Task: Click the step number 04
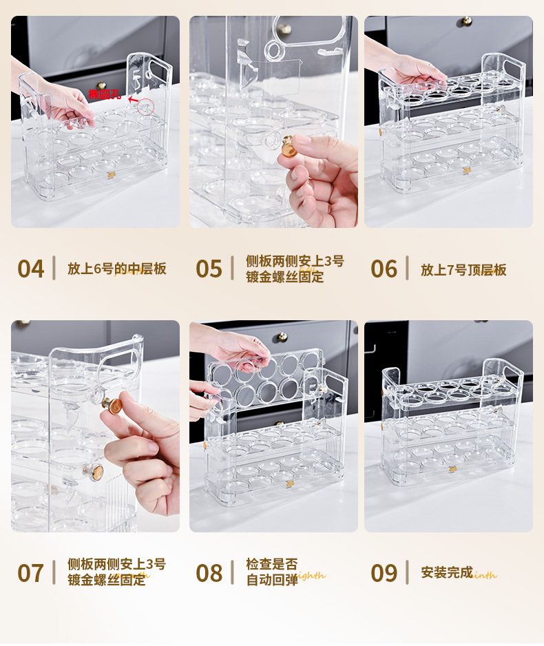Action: [30, 269]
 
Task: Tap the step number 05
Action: [209, 269]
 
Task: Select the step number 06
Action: [384, 269]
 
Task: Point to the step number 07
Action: [30, 573]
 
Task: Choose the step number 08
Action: [209, 573]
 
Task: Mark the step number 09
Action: [384, 573]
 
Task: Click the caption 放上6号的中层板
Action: [116, 269]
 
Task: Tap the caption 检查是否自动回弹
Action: [272, 572]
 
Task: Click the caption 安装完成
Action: [447, 572]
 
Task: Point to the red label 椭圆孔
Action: [104, 94]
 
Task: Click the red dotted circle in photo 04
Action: [145, 106]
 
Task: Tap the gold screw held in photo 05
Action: [287, 145]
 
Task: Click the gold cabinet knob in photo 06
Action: [466, 21]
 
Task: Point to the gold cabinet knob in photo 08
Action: [281, 337]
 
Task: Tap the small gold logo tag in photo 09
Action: [453, 469]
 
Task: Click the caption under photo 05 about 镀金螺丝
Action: [295, 269]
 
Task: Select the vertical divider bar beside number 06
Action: [407, 268]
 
